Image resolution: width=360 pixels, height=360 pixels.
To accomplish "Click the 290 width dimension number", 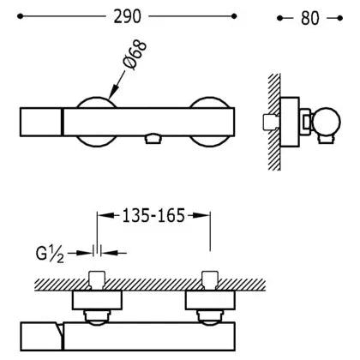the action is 128,16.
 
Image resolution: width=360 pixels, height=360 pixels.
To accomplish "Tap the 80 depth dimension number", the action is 310,18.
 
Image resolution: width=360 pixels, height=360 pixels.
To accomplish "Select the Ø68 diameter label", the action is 135,55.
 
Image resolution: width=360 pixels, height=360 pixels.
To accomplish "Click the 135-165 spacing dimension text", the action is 153,216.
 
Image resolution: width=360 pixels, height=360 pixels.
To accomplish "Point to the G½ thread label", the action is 50,254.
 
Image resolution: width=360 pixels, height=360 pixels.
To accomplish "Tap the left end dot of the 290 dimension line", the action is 20,16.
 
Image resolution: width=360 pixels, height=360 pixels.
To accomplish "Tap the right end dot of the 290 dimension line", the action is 234,16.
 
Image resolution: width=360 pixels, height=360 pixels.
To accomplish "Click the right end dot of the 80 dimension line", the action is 339,18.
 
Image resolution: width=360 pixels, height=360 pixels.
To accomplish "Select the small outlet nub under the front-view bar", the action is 153,139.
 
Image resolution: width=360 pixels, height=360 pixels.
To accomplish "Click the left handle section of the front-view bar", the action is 40,122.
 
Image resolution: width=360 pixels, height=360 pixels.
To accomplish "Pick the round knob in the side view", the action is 327,122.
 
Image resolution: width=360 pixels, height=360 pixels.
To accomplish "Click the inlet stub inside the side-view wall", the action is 270,122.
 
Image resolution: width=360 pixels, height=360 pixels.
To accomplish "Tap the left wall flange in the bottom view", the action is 97,300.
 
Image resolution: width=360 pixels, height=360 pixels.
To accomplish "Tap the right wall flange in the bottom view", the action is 210,300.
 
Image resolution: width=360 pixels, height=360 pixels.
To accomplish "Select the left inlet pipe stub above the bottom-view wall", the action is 97,280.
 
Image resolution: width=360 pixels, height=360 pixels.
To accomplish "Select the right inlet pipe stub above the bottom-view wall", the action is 210,280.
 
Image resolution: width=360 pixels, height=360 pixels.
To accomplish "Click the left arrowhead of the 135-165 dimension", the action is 105,216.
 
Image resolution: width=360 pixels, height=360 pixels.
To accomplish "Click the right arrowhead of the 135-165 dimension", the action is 201,216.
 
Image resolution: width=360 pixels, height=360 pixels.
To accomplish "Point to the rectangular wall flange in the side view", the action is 290,122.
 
